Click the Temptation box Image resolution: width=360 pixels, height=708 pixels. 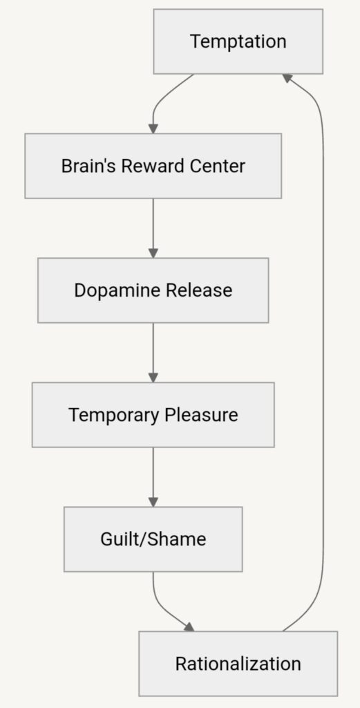point(238,41)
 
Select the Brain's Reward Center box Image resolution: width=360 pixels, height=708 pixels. point(153,166)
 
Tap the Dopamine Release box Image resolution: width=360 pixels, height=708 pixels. point(153,290)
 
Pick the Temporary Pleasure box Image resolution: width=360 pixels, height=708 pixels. point(153,415)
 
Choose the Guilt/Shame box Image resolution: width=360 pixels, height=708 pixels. point(153,539)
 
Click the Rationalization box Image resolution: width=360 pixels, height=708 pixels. point(238,664)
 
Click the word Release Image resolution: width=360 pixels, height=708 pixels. point(199,290)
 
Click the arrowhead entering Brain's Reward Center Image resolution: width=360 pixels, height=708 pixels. point(153,129)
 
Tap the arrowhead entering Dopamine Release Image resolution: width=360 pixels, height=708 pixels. point(153,253)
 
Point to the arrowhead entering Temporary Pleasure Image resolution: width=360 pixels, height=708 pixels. point(153,378)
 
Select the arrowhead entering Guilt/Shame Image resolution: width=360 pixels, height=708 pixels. point(153,502)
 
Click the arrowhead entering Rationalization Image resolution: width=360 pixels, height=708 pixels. point(189,626)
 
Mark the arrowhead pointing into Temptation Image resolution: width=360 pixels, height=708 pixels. point(288,79)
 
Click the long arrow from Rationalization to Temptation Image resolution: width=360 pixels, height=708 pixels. point(323,352)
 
